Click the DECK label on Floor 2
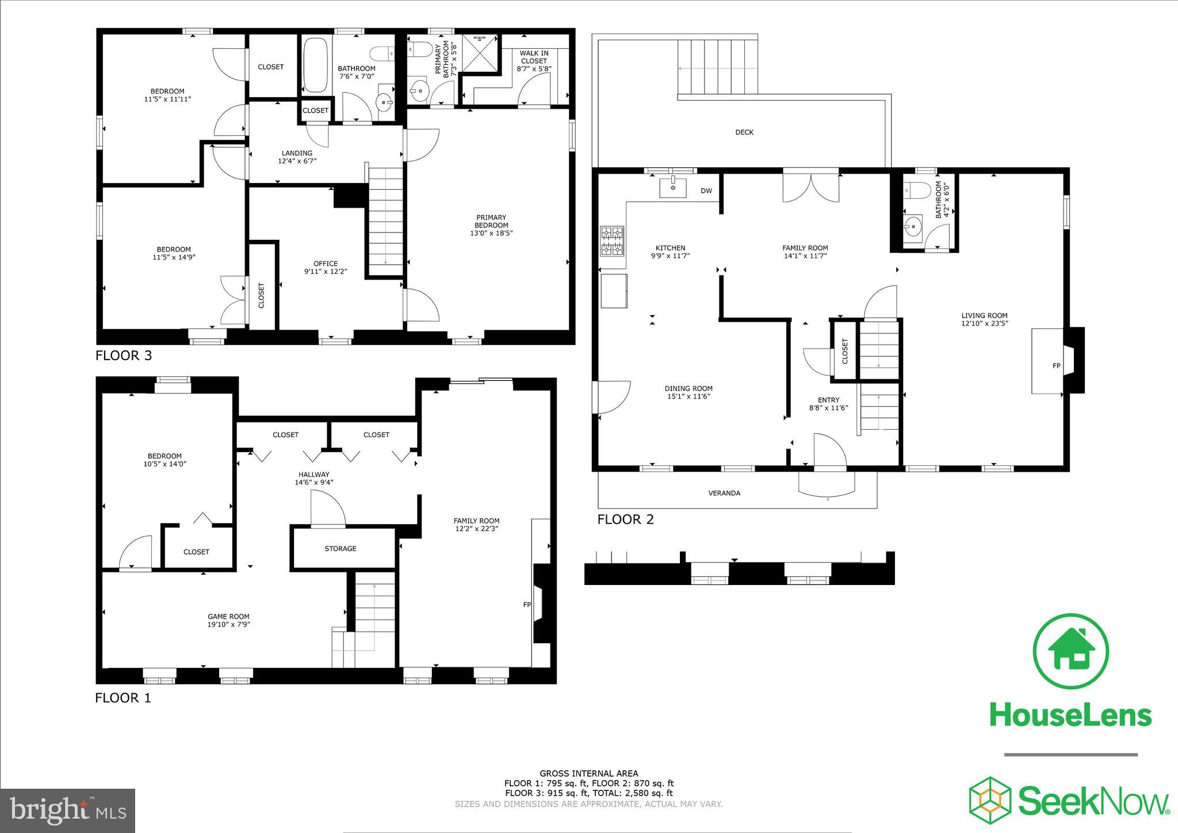(744, 132)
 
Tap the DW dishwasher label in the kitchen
(706, 191)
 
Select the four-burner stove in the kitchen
(612, 241)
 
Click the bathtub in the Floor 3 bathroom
(315, 65)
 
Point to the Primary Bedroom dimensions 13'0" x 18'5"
(491, 233)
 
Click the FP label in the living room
(1056, 365)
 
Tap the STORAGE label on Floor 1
(340, 548)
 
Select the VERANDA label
(724, 493)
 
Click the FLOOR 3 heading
(123, 356)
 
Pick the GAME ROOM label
(228, 616)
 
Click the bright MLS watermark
(68, 811)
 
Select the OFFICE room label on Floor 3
(326, 263)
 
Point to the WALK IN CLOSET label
(534, 57)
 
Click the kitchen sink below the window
(672, 188)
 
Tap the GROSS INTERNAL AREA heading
(588, 773)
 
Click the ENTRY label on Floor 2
(828, 400)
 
